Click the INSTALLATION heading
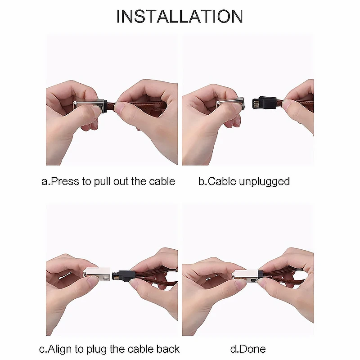180,16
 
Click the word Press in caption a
65,181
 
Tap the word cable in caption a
162,181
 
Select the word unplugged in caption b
264,182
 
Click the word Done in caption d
252,349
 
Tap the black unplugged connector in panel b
264,103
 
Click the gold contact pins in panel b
255,103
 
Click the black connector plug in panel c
122,275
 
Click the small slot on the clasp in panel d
254,280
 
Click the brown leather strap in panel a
140,106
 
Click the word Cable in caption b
222,181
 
